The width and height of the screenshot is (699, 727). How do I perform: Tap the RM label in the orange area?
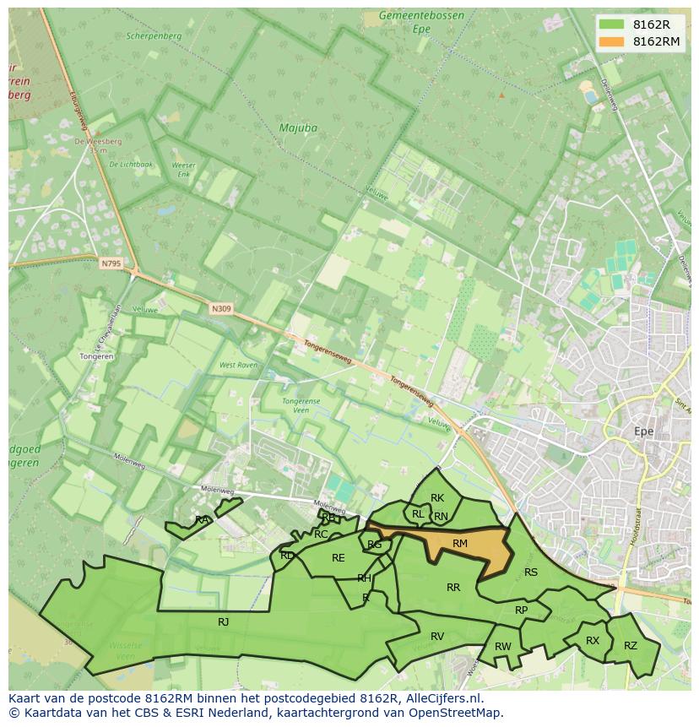click(460, 544)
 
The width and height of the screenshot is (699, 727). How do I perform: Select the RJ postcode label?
click(224, 621)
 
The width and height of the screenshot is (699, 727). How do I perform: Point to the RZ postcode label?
click(631, 646)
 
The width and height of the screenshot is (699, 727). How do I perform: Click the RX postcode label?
click(593, 641)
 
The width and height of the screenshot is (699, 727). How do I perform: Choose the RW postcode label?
click(503, 647)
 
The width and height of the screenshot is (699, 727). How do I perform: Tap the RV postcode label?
click(437, 637)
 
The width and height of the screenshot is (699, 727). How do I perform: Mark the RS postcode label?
click(531, 572)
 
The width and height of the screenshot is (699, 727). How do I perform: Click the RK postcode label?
click(437, 498)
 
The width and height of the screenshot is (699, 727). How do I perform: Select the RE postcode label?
click(339, 558)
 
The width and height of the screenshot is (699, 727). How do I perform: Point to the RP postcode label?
click(521, 610)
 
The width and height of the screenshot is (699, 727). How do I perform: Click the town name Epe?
click(644, 431)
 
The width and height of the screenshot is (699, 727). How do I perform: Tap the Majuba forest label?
click(298, 128)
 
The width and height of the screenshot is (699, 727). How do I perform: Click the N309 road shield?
click(221, 309)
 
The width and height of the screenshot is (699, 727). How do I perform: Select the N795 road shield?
click(111, 264)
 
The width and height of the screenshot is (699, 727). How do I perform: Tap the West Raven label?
click(238, 366)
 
